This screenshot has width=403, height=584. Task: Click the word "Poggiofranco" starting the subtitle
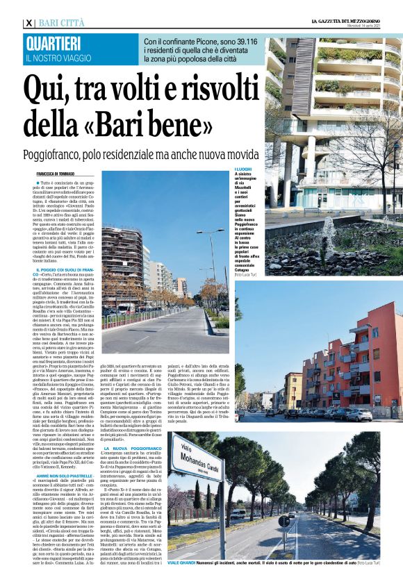56,153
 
